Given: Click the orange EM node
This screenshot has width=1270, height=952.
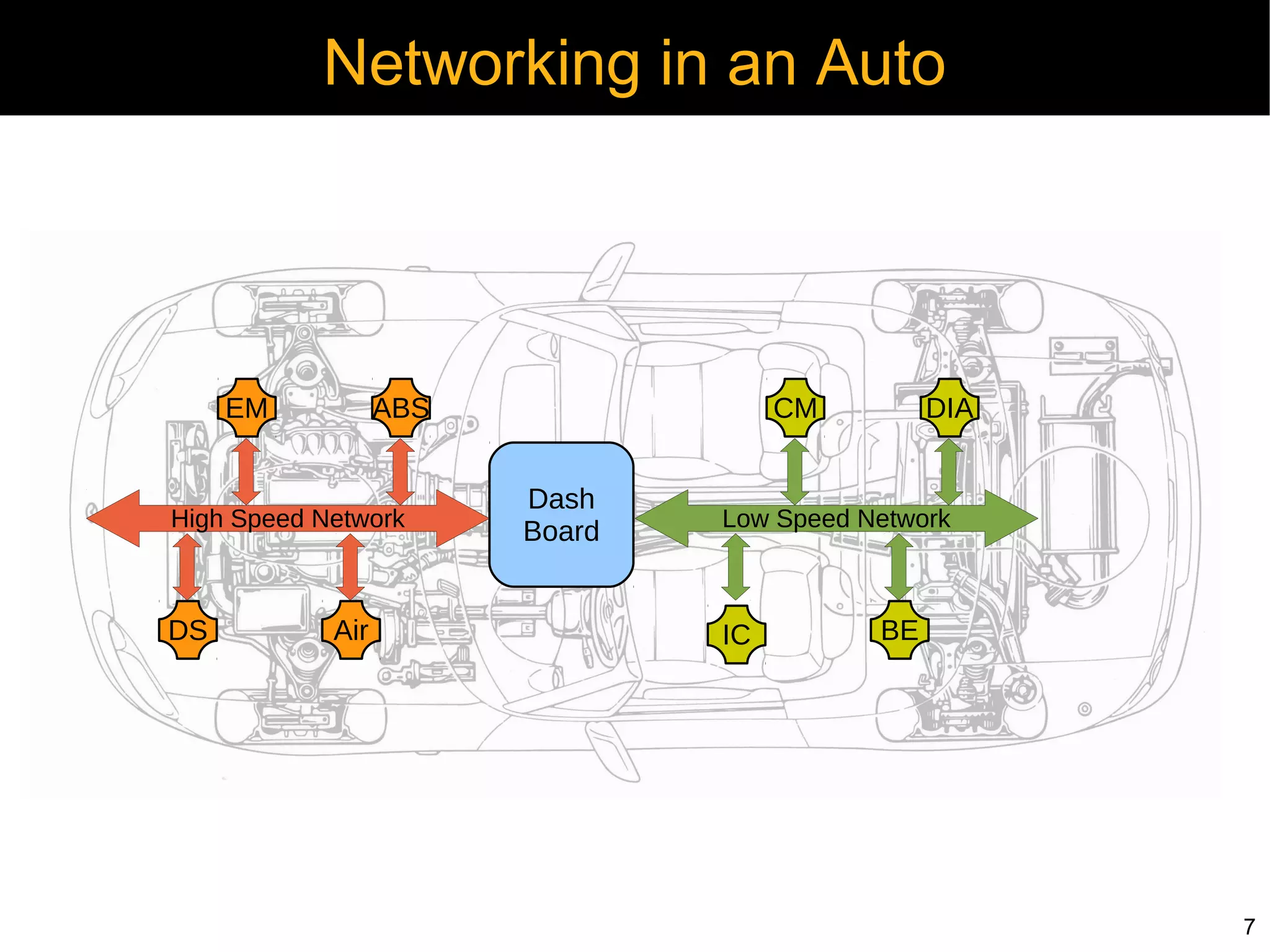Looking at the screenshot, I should tap(247, 407).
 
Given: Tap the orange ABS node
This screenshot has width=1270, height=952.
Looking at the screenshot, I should tap(401, 407).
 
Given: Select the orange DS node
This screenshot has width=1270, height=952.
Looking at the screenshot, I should tap(188, 629).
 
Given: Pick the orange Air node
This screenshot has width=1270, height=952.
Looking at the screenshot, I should tap(351, 629).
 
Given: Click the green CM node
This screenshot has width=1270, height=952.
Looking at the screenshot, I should tap(795, 407).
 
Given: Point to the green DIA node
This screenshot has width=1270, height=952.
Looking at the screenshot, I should tap(949, 407).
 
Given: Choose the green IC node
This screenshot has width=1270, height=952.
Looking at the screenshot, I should tap(736, 634).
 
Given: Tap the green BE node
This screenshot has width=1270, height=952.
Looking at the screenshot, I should tap(899, 629).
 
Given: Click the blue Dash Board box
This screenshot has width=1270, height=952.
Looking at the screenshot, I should tap(561, 515).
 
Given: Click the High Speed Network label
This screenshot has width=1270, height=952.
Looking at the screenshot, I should tap(287, 518).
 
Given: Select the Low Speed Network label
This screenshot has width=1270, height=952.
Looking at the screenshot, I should tap(836, 518).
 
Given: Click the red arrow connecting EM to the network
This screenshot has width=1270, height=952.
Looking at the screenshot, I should tap(247, 471).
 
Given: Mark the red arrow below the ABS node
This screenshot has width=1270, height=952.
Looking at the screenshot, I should tap(401, 471).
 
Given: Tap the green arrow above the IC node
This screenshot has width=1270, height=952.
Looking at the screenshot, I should tap(736, 567).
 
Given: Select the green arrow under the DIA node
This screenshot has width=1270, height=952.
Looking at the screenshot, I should tap(949, 471).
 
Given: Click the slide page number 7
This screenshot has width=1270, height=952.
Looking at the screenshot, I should tap(1249, 927).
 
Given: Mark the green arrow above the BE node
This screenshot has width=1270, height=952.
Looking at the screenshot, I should tap(899, 566).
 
